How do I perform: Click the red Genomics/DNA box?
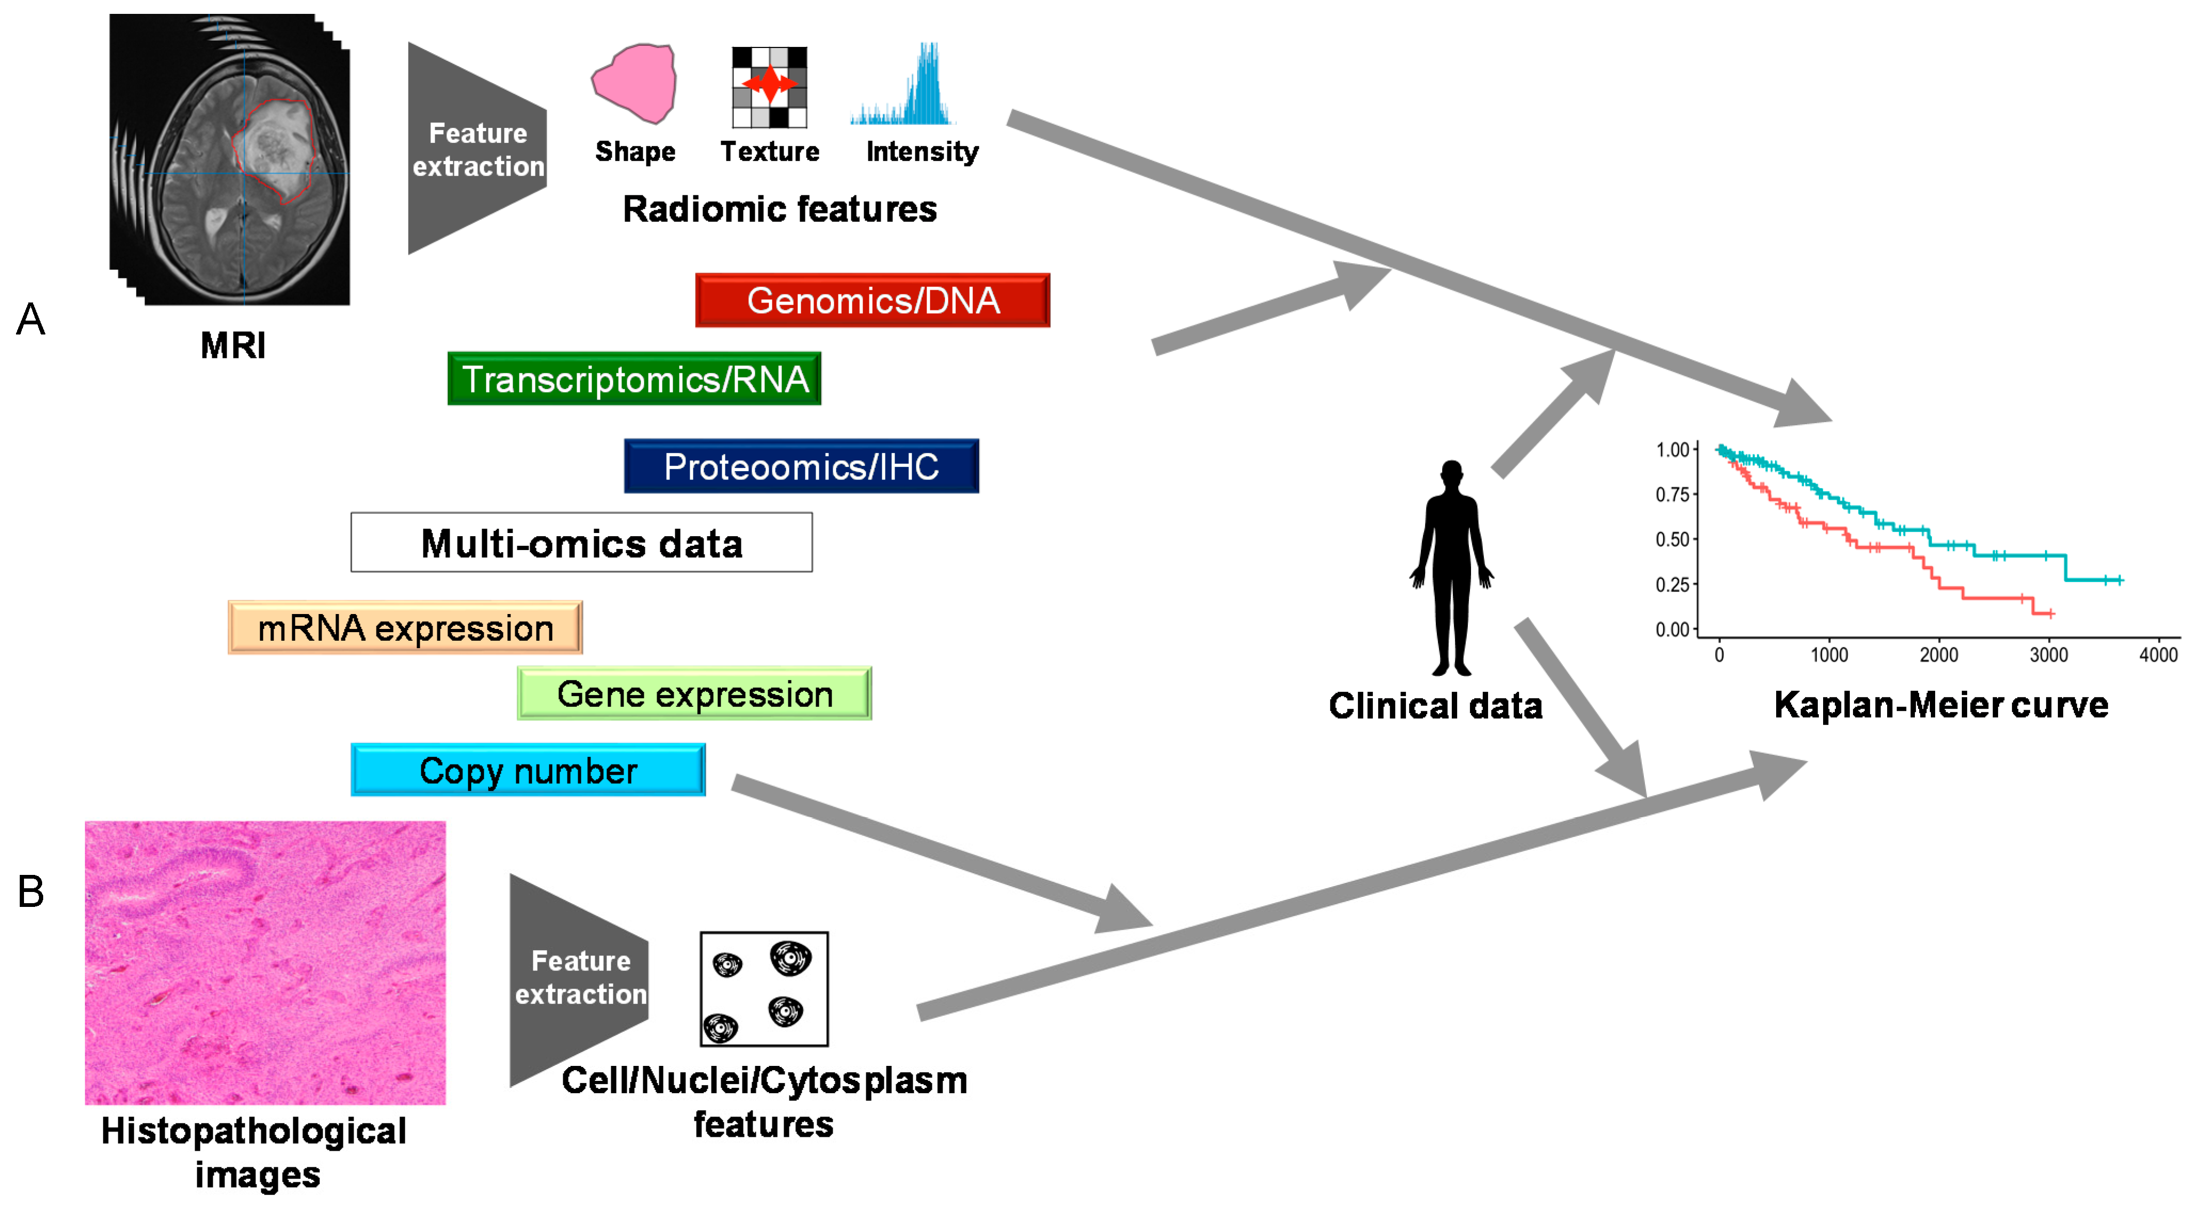pos(873,300)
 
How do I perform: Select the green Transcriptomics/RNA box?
pos(635,379)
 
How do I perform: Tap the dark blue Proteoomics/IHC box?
pos(802,466)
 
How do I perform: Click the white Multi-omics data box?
pos(582,543)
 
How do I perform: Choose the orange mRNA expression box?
pos(405,628)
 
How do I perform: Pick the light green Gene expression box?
pos(694,694)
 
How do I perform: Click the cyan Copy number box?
pos(528,770)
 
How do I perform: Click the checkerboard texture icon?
pos(769,87)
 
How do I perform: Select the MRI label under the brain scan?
pos(233,345)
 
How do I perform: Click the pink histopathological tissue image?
pos(265,963)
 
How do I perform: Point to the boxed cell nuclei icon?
pos(764,989)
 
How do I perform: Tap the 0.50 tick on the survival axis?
pos(1673,539)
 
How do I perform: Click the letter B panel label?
pos(31,891)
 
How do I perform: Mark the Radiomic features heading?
pos(779,209)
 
